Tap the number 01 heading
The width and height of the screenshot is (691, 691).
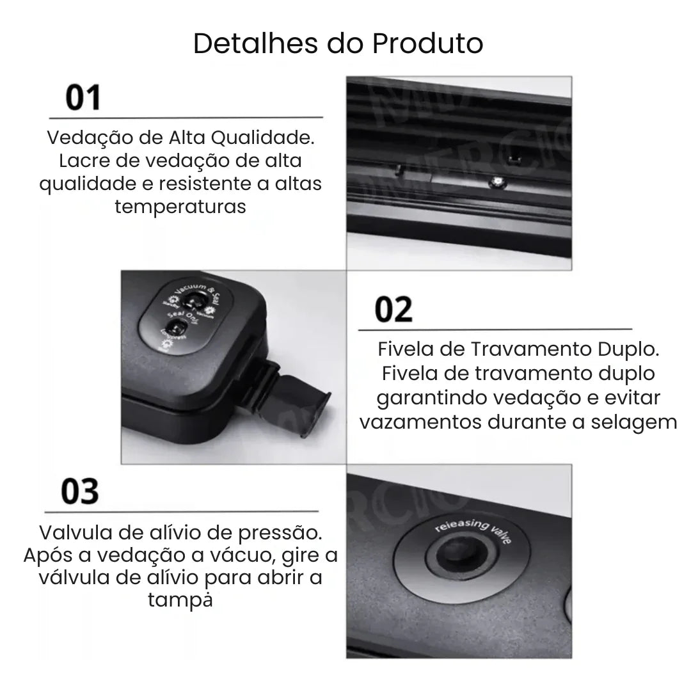coord(84,99)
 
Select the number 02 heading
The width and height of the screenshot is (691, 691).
coord(393,310)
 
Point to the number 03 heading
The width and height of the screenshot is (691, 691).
coord(80,492)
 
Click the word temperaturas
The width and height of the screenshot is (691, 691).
coord(180,207)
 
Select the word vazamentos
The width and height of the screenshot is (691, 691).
coord(423,422)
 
